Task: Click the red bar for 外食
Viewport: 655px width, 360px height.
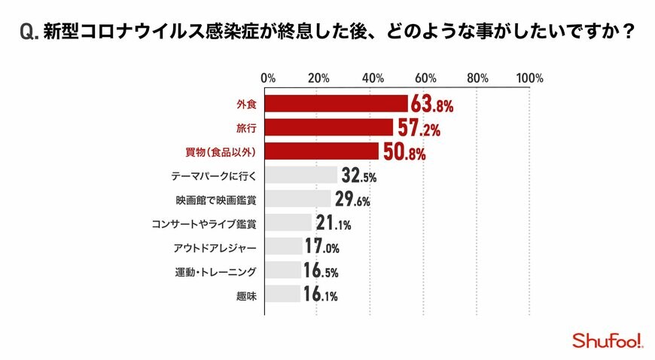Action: point(337,104)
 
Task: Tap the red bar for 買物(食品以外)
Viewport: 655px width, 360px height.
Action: point(321,151)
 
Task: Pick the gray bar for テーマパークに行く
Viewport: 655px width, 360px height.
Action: point(301,175)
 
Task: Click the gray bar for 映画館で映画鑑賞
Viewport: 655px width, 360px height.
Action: point(298,199)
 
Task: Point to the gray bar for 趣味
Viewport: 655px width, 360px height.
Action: point(283,294)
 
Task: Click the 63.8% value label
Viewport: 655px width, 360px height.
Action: point(432,105)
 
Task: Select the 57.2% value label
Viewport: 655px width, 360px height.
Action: point(418,128)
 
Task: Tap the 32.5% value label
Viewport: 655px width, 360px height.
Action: point(358,176)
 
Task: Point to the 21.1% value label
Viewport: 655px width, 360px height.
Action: point(333,224)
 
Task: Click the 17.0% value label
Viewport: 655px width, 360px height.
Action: point(322,247)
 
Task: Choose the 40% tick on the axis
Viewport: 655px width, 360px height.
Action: point(373,78)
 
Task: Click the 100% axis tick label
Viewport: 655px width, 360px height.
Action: point(530,78)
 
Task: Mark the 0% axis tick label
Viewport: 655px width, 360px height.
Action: point(267,78)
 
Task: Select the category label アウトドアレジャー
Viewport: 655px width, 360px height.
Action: point(215,248)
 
